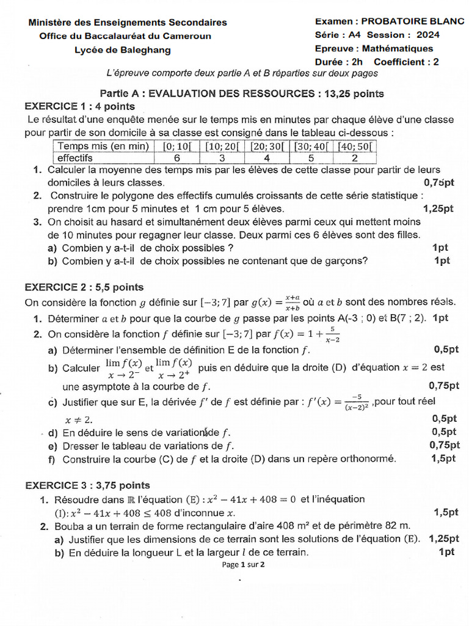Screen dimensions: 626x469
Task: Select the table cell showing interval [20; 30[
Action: pos(268,146)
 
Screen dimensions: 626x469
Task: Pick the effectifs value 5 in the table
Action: pos(310,158)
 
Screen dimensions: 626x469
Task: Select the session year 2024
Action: pos(426,35)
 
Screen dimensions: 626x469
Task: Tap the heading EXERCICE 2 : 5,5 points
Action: pos(84,287)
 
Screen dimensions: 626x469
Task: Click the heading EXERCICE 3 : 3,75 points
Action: pos(87,485)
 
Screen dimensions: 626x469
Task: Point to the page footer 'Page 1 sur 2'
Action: pos(244,564)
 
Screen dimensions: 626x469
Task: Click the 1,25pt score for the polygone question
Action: pos(438,208)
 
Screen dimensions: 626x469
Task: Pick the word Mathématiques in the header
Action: pos(398,48)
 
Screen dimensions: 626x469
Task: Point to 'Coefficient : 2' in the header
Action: pos(406,62)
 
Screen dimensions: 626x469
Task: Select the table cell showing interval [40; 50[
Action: pos(354,146)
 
